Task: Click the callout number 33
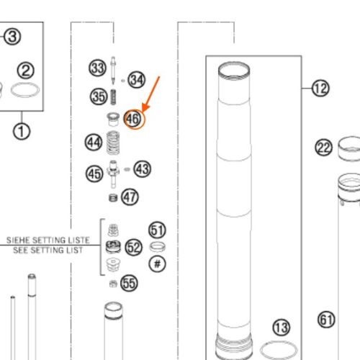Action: coord(97,68)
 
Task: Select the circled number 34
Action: coord(136,80)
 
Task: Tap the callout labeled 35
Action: coord(99,96)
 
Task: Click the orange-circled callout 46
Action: coord(133,119)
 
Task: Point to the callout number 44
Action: coord(94,143)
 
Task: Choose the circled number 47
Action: coord(130,197)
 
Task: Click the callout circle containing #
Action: coord(158,264)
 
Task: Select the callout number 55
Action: coord(129,284)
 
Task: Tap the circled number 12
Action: coord(320,89)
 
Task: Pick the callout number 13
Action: coord(282,328)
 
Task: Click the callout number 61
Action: coord(326,320)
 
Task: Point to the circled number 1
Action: coord(22,132)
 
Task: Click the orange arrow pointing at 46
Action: coord(150,94)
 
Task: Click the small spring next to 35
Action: coord(114,97)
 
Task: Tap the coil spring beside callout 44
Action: coord(113,143)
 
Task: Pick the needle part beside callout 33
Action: coord(113,71)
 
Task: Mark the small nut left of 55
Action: coord(113,284)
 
